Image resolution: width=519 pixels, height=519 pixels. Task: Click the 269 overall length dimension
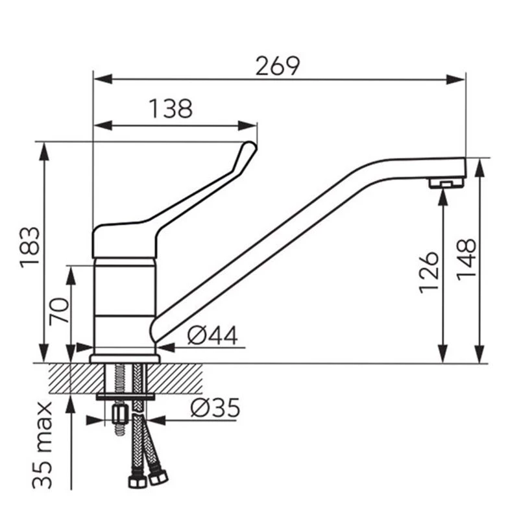[x=278, y=66]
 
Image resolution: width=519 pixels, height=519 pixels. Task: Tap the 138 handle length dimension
[x=171, y=108]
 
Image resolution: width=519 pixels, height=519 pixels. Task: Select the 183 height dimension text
[x=30, y=247]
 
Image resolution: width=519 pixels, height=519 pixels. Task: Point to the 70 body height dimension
[x=59, y=311]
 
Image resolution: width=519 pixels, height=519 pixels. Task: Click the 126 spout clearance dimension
[x=429, y=272]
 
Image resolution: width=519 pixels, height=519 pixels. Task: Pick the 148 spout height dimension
[x=466, y=259]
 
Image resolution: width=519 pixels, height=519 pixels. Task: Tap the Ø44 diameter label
[x=213, y=335]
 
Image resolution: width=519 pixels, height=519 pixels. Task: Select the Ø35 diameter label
[x=215, y=407]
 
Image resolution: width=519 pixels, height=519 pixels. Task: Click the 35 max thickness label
[x=42, y=445]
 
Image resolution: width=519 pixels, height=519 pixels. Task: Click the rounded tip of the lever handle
[x=251, y=146]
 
